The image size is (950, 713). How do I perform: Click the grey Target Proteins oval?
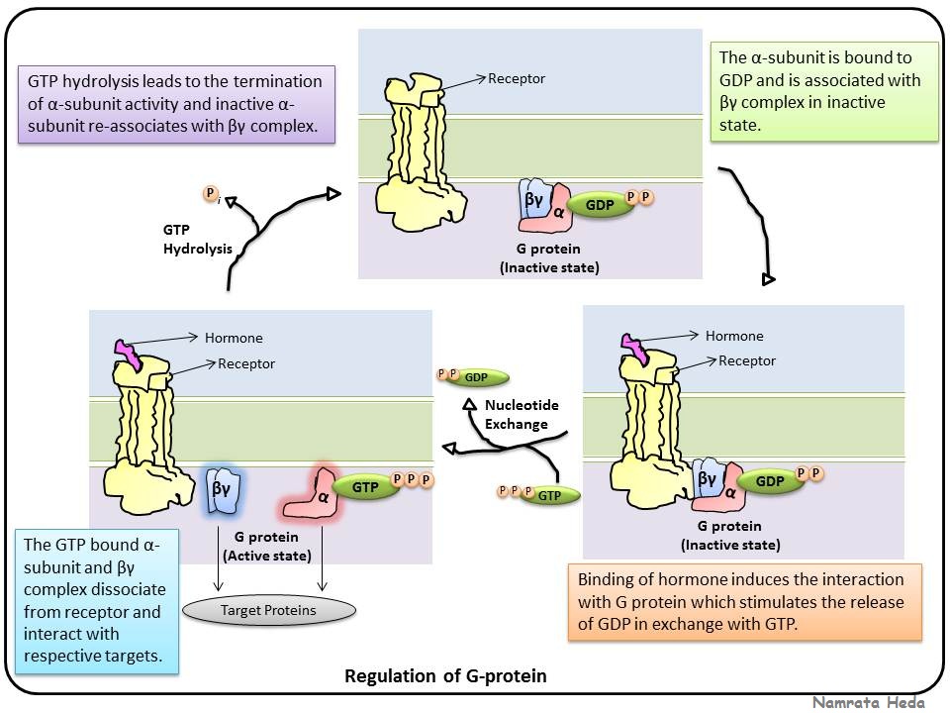(x=282, y=610)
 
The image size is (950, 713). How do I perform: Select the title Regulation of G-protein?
(x=444, y=677)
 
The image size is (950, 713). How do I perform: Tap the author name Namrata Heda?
(x=869, y=702)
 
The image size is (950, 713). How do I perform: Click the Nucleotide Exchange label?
(x=516, y=415)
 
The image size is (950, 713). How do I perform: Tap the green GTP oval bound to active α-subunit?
(x=365, y=486)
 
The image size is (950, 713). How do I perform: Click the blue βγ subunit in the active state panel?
(x=220, y=488)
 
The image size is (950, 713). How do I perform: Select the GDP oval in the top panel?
(x=600, y=206)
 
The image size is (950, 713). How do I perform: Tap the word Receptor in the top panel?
(x=517, y=78)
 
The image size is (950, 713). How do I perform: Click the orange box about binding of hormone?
(x=744, y=602)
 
